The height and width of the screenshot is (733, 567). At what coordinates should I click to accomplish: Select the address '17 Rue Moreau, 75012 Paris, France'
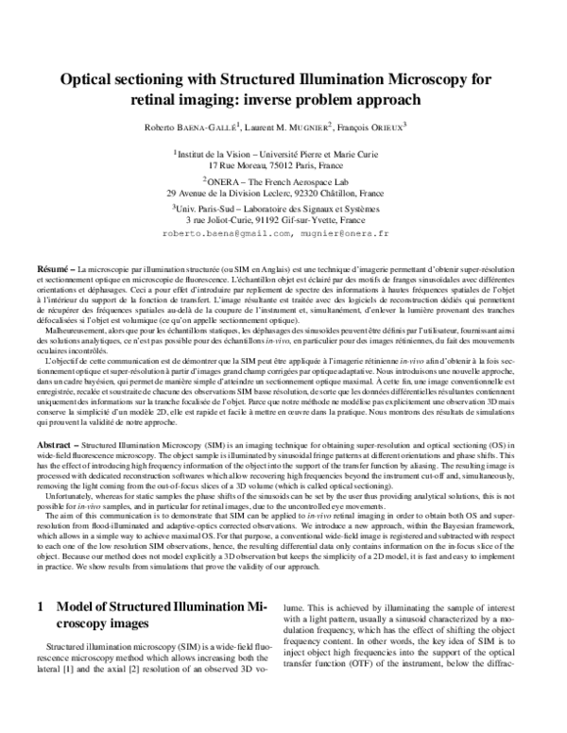pyautogui.click(x=283, y=163)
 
